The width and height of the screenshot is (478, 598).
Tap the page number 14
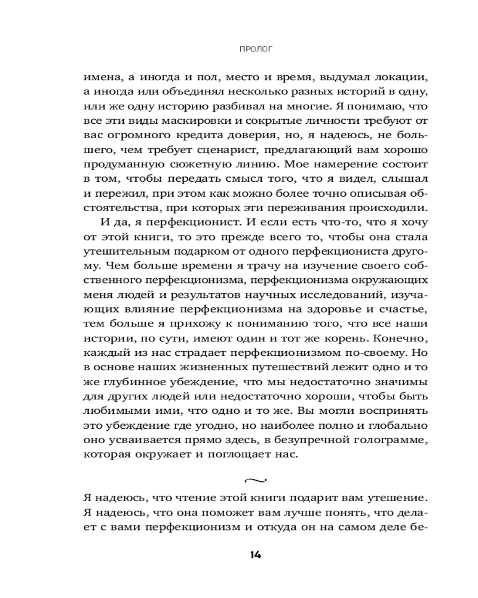click(x=255, y=554)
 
